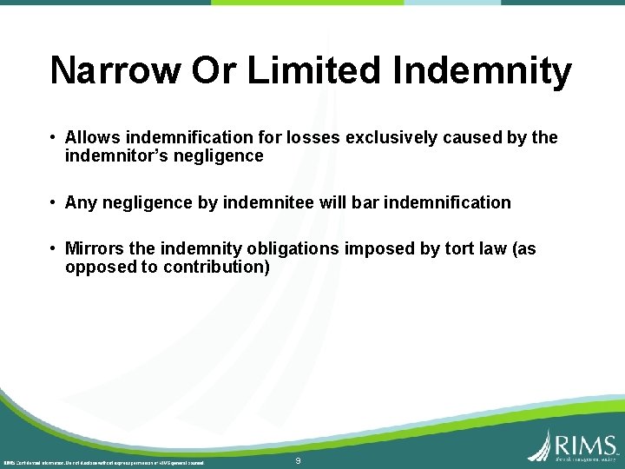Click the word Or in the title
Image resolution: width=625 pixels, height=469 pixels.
214,71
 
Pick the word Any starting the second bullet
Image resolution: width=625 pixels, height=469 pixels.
81,202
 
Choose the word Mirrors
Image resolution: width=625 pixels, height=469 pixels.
94,249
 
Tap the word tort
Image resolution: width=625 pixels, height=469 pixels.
443,249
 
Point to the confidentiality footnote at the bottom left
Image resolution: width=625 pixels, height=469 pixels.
104,462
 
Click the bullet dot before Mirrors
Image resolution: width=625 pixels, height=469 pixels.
54,249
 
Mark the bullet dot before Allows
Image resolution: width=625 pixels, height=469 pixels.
54,138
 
